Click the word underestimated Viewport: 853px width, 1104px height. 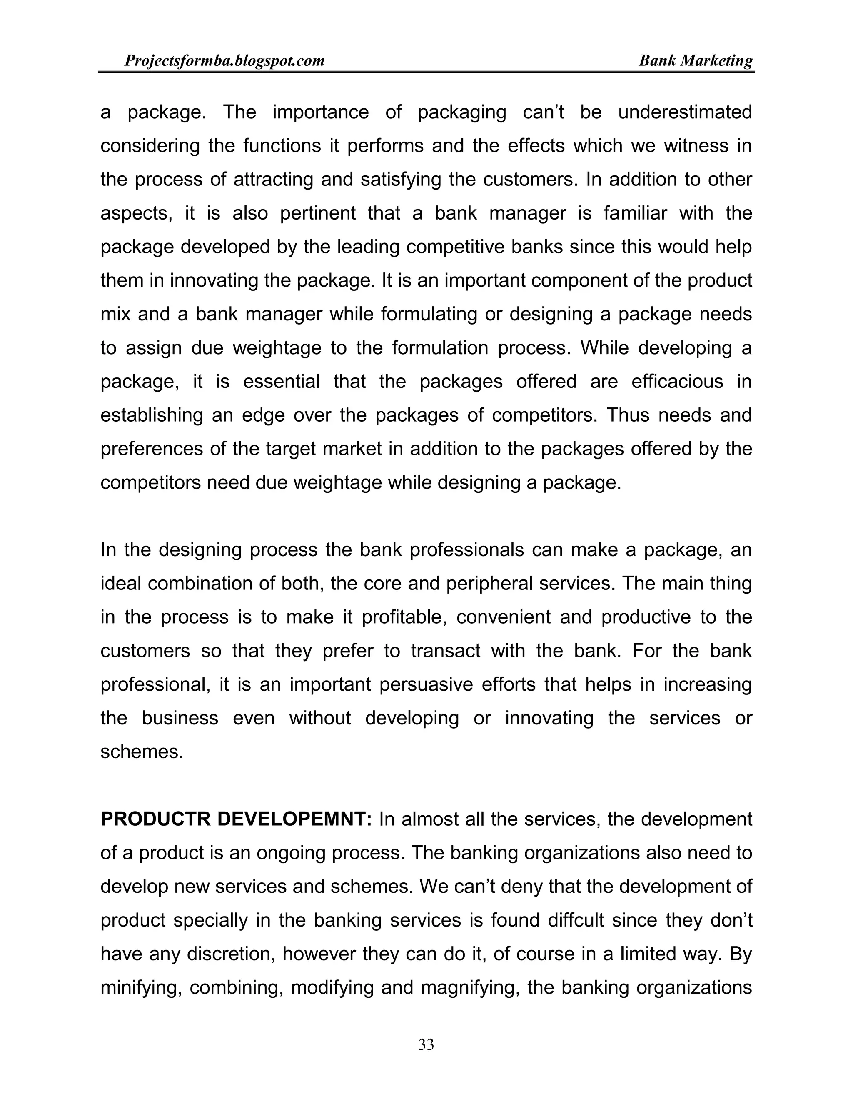coord(685,112)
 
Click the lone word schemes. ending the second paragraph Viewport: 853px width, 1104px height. coord(142,752)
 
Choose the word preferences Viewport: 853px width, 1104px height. coord(152,449)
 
